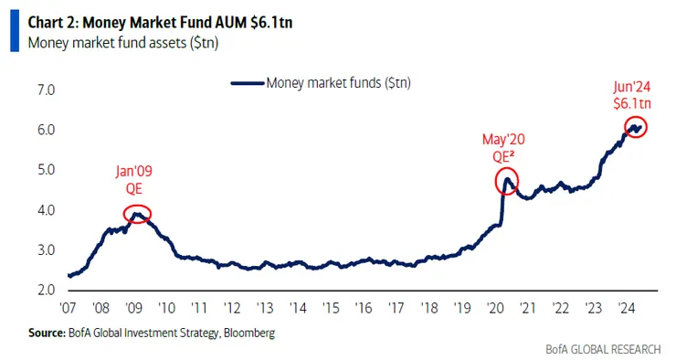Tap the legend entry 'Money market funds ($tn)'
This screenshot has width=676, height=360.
pyautogui.click(x=338, y=83)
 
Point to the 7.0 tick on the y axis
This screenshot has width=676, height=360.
pyautogui.click(x=46, y=90)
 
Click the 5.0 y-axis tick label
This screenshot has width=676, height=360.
pyautogui.click(x=46, y=170)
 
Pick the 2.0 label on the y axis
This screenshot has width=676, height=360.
pyautogui.click(x=46, y=290)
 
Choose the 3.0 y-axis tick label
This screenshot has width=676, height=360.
pyautogui.click(x=46, y=249)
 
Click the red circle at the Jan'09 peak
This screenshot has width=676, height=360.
pyautogui.click(x=137, y=215)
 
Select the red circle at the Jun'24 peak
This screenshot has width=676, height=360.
pyautogui.click(x=636, y=127)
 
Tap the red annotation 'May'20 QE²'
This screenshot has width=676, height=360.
pyautogui.click(x=503, y=147)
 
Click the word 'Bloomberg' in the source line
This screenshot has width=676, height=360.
pyautogui.click(x=247, y=334)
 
